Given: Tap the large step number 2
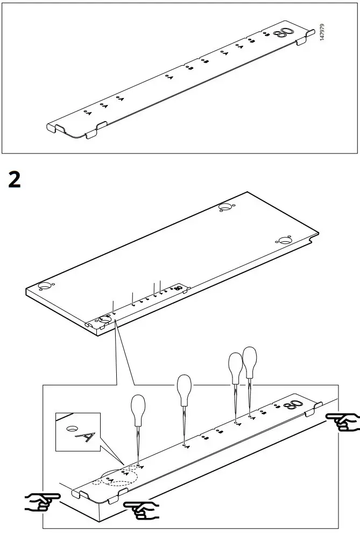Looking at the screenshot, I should tap(15, 179).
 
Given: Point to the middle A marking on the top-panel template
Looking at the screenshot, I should tap(170, 78).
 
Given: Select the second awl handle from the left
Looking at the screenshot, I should tap(184, 387).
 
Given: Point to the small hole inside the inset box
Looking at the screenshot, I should tap(70, 429).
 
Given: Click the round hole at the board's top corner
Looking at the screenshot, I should tap(225, 208).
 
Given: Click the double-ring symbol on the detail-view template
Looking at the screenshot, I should tap(296, 405).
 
